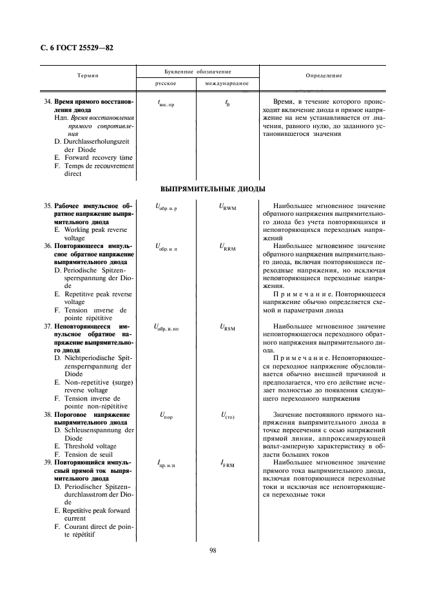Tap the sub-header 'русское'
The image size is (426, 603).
click(x=166, y=84)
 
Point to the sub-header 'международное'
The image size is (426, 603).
click(x=227, y=84)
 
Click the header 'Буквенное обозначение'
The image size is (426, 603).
click(x=197, y=71)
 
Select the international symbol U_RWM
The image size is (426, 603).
click(x=227, y=207)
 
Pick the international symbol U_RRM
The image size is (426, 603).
click(x=227, y=247)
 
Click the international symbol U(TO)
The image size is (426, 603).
click(x=227, y=416)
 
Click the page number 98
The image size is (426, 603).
click(x=213, y=550)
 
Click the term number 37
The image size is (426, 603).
click(x=48, y=326)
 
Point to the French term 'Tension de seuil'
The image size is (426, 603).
click(x=87, y=454)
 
